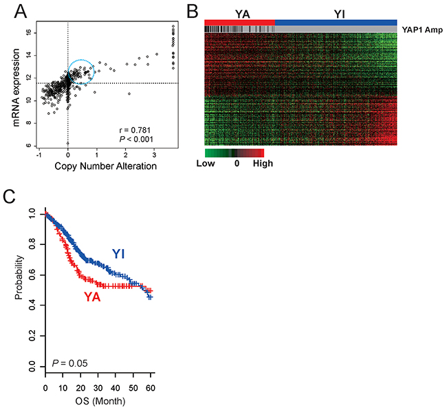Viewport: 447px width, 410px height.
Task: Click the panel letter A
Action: [x=20, y=11]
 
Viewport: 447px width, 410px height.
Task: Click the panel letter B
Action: [x=193, y=11]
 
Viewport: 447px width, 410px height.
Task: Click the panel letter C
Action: [x=9, y=196]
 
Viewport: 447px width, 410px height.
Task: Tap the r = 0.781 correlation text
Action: [x=135, y=130]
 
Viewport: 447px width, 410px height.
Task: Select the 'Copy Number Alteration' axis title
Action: [x=105, y=166]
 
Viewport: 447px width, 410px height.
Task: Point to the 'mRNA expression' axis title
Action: [x=17, y=87]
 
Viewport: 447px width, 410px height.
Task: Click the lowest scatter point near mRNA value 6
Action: [x=68, y=143]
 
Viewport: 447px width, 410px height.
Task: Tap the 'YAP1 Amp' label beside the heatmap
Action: [x=422, y=30]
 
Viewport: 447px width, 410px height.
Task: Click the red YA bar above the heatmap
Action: [x=240, y=23]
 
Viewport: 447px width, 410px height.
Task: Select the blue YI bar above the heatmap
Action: [x=336, y=23]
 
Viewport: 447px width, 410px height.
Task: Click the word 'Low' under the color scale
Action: [x=206, y=163]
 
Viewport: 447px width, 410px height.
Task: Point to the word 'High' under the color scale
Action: [x=263, y=164]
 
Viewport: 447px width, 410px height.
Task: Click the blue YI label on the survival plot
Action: [x=118, y=254]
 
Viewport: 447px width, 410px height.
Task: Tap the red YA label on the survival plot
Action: [x=92, y=297]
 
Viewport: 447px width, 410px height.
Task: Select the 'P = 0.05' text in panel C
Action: [x=70, y=363]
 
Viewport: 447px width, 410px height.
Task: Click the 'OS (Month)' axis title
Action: [x=100, y=401]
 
